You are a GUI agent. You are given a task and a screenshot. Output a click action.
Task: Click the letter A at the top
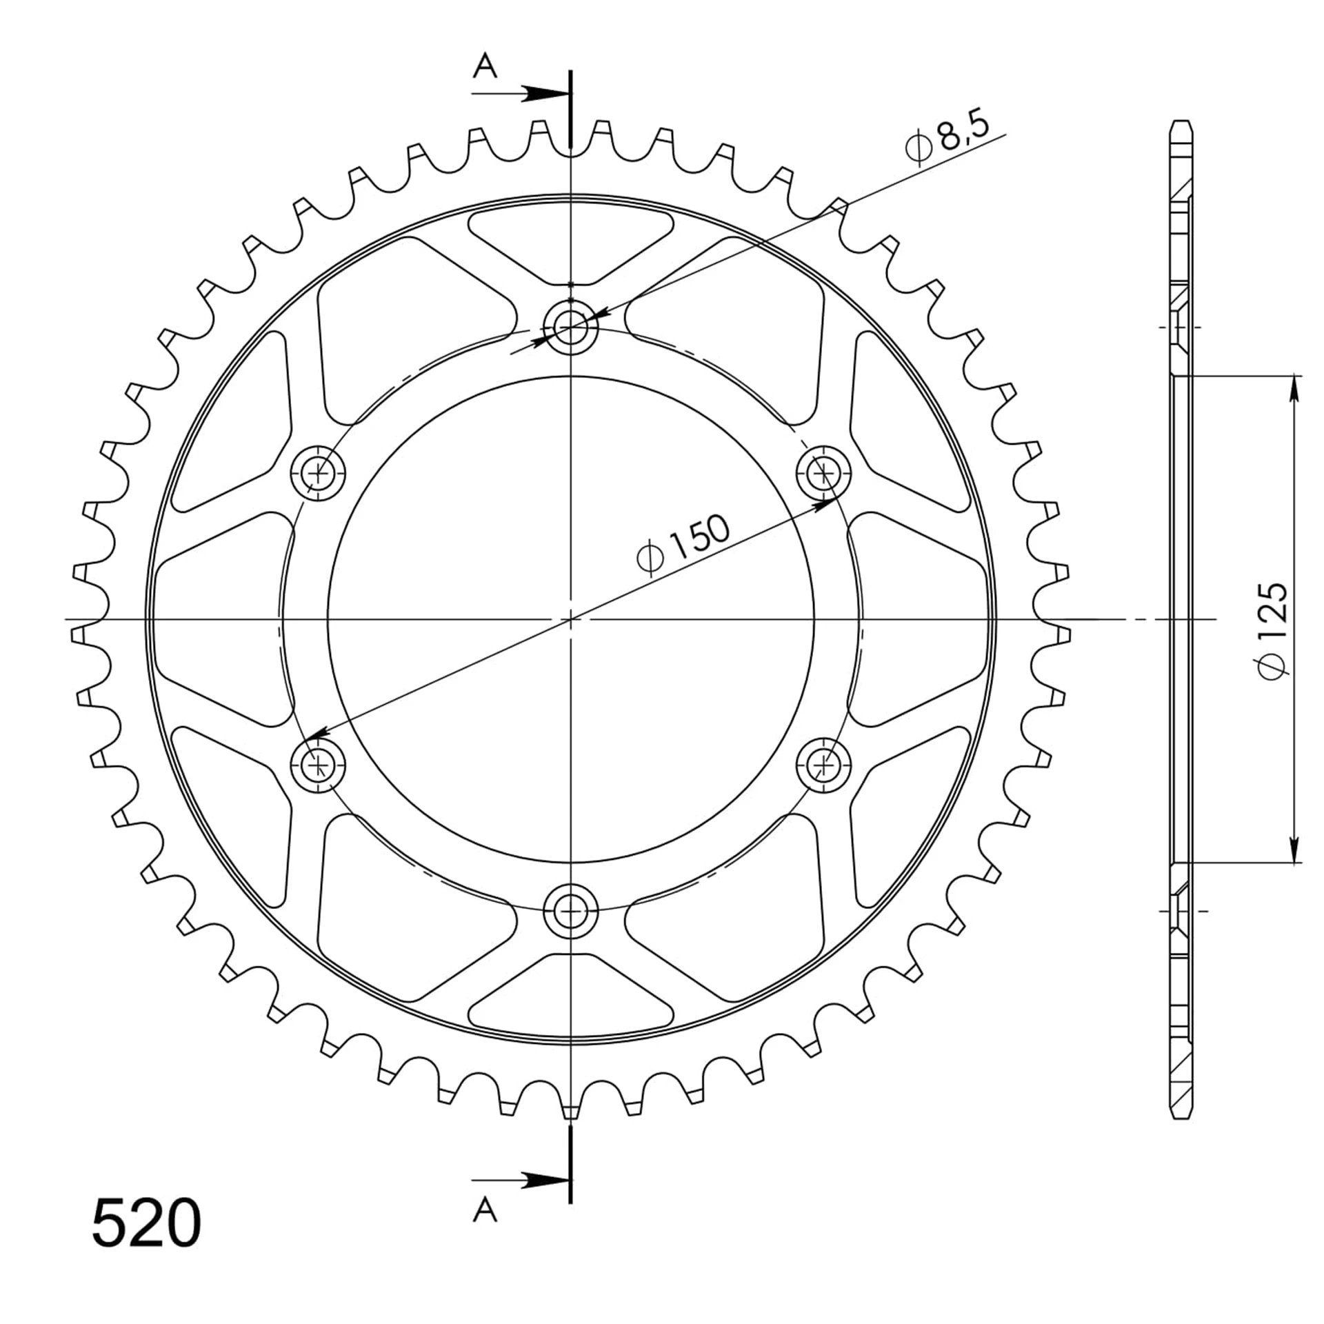[x=485, y=67]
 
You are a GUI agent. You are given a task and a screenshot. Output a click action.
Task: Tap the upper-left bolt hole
[x=318, y=473]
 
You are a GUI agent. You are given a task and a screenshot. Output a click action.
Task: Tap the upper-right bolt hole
[x=823, y=472]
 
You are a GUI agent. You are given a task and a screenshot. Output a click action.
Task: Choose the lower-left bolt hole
[x=318, y=765]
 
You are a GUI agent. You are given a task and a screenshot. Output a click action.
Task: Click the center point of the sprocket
[x=570, y=619]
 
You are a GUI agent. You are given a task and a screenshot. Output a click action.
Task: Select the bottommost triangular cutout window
[x=570, y=995]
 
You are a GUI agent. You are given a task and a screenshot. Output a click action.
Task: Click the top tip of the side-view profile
[x=1181, y=122]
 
